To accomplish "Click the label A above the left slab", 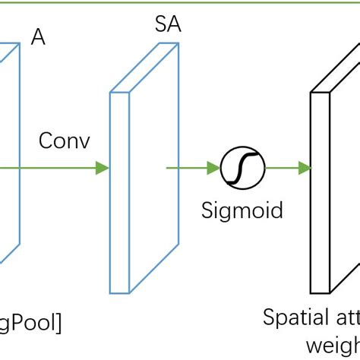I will point(38,37).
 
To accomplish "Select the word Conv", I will point(64,141).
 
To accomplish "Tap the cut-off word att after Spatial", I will point(342,317).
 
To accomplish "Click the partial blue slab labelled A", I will point(8,152).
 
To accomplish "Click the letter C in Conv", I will point(46,141).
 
